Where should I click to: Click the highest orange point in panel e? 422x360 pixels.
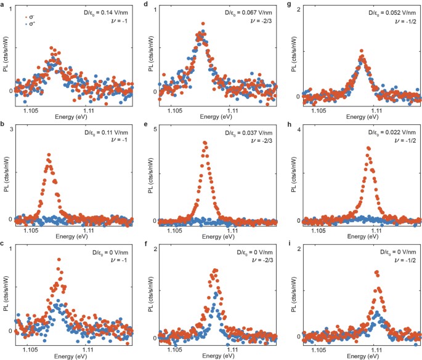coord(205,142)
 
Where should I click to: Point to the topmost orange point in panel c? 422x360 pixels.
coord(60,260)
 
